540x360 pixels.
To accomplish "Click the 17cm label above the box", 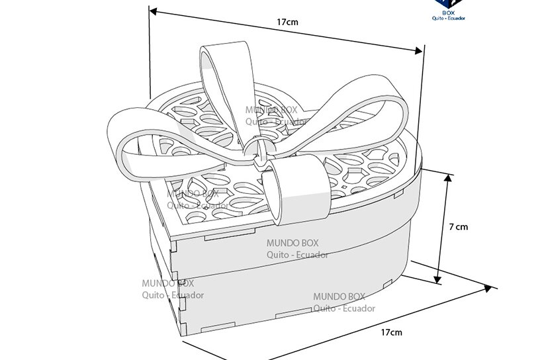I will click(287, 22).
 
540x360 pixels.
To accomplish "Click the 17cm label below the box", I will click(391, 332).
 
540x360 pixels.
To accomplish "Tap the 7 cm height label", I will click(458, 227).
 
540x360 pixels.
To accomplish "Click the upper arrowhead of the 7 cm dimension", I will click(448, 177).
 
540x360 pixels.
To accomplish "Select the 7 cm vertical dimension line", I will click(443, 228).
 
